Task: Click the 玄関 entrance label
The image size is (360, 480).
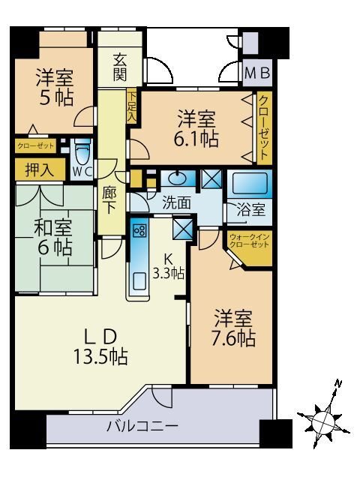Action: [x=121, y=65]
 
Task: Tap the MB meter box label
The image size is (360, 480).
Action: [x=258, y=74]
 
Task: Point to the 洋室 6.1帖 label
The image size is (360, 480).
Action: [x=197, y=128]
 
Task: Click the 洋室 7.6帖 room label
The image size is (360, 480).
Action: [x=232, y=328]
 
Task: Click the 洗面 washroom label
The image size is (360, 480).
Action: [x=175, y=202]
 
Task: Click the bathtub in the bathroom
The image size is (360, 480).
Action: [x=250, y=183]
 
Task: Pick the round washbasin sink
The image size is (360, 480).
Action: [x=179, y=178]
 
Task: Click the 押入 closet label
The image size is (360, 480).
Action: [x=34, y=170]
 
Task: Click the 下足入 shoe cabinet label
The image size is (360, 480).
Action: [x=132, y=106]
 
